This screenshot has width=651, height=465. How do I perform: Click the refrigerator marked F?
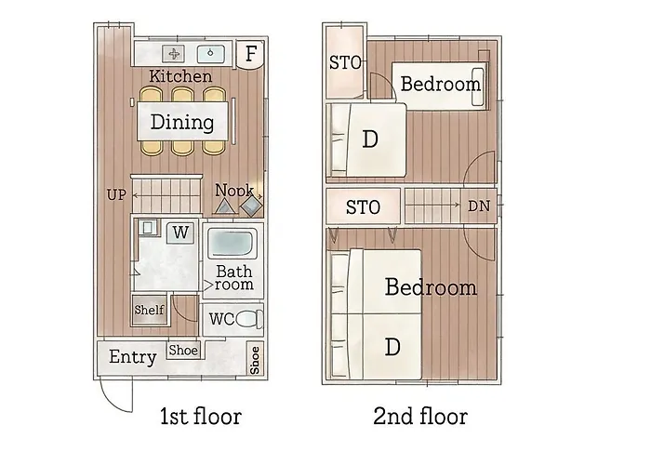(x=250, y=54)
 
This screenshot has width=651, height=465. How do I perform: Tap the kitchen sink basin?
(x=210, y=54)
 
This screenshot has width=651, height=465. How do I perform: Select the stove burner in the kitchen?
(x=174, y=54)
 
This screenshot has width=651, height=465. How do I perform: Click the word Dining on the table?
(x=182, y=122)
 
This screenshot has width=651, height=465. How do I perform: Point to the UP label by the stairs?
(x=116, y=194)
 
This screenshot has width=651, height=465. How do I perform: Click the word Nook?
(x=234, y=190)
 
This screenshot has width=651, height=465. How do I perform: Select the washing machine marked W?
(x=180, y=232)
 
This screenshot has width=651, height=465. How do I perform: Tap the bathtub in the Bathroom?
(x=232, y=243)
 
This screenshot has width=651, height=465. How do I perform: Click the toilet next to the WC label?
(x=249, y=319)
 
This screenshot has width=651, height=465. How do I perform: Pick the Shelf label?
(x=149, y=310)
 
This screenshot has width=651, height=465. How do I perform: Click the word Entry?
(x=133, y=357)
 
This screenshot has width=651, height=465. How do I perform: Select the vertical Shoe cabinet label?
(x=255, y=360)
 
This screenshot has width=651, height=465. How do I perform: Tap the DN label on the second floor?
(x=479, y=206)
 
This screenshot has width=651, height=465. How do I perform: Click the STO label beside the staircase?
(x=363, y=207)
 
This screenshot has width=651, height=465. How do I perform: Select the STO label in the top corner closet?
(x=345, y=63)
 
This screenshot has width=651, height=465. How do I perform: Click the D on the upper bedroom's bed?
(x=370, y=139)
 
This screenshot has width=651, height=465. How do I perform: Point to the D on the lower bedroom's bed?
(x=392, y=346)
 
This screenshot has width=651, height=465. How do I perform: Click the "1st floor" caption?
(x=201, y=417)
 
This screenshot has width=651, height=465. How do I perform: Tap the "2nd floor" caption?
(x=420, y=417)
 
